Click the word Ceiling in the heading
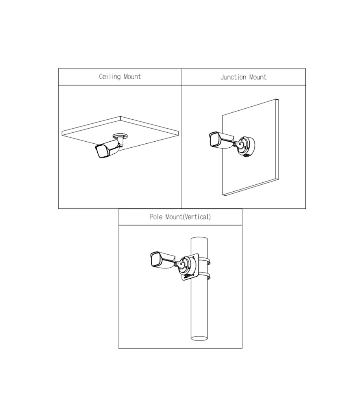(x=110, y=77)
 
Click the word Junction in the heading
(x=233, y=77)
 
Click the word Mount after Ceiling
(x=132, y=77)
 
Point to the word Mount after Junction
(x=258, y=77)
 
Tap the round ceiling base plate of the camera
(x=120, y=136)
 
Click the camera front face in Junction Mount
(x=214, y=140)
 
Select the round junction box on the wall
(x=247, y=146)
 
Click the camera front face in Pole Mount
(x=156, y=259)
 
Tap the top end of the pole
(x=199, y=239)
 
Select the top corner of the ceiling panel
(x=120, y=116)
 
